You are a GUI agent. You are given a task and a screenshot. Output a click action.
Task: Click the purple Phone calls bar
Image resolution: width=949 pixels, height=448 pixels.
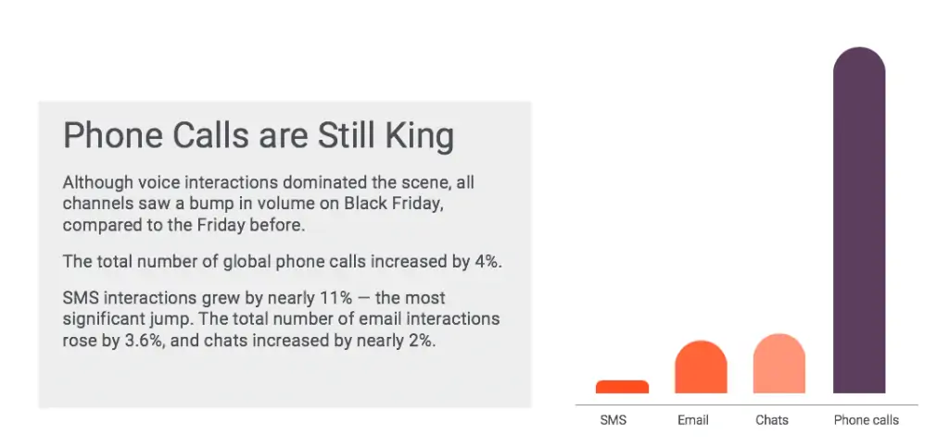pyautogui.click(x=859, y=220)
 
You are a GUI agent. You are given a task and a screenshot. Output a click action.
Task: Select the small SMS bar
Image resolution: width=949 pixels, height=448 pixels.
pyautogui.click(x=622, y=387)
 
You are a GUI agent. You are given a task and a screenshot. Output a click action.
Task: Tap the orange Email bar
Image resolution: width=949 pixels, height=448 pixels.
pyautogui.click(x=701, y=367)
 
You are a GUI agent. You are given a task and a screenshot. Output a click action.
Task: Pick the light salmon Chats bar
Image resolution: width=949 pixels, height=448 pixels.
pyautogui.click(x=778, y=364)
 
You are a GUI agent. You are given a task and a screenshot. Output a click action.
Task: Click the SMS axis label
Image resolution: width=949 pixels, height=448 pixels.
pyautogui.click(x=614, y=420)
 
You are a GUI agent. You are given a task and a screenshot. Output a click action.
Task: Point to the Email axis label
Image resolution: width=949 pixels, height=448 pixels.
pyautogui.click(x=693, y=420)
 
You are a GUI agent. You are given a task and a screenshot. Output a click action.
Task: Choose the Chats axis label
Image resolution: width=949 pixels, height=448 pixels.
pyautogui.click(x=772, y=420)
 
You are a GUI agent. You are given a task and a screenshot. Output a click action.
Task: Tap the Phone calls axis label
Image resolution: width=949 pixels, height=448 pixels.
pyautogui.click(x=867, y=420)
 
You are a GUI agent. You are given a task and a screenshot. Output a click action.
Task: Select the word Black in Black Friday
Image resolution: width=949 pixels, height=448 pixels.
pyautogui.click(x=361, y=203)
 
